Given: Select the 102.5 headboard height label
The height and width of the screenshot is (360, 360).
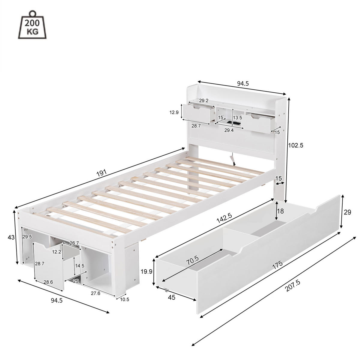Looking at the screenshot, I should [x=296, y=145].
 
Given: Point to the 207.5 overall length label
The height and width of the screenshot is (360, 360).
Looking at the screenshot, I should [x=293, y=286].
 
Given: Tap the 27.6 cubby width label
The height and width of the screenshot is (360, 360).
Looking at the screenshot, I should [x=95, y=293].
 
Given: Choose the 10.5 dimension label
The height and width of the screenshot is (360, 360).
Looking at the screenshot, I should [x=124, y=300].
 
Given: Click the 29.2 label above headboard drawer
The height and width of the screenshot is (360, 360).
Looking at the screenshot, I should [x=204, y=100].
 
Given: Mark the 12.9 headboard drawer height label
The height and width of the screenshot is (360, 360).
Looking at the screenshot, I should [x=174, y=112].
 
